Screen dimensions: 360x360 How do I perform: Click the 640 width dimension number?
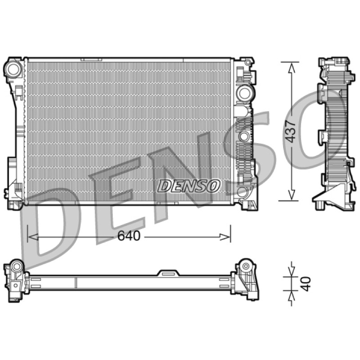[129, 236]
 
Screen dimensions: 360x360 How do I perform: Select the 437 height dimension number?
[290, 131]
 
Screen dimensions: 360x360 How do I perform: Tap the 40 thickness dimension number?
[306, 284]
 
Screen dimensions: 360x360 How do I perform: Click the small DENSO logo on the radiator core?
[189, 186]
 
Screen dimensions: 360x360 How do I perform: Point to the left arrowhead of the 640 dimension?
[32, 237]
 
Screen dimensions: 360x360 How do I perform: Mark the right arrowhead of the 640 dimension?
[225, 237]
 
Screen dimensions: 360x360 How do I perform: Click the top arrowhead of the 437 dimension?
[292, 68]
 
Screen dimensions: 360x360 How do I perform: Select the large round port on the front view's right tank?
[244, 93]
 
